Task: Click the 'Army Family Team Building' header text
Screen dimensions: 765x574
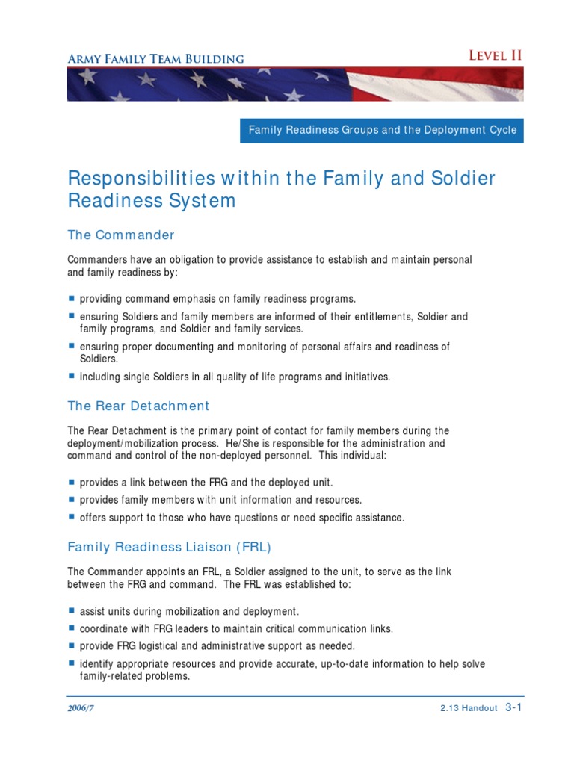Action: pyautogui.click(x=155, y=58)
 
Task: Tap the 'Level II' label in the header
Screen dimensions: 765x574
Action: pyautogui.click(x=495, y=55)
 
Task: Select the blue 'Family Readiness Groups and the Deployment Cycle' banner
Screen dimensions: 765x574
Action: pyautogui.click(x=382, y=130)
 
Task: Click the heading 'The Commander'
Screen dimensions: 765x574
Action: pyautogui.click(x=121, y=235)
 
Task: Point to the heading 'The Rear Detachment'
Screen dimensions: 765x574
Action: pyautogui.click(x=138, y=406)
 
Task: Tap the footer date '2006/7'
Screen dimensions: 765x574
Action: pyautogui.click(x=81, y=709)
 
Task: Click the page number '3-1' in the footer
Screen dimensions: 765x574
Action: pyautogui.click(x=513, y=707)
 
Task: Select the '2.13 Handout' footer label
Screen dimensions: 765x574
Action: pyautogui.click(x=469, y=709)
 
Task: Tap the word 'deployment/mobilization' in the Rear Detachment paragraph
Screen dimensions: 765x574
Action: pyautogui.click(x=123, y=443)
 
